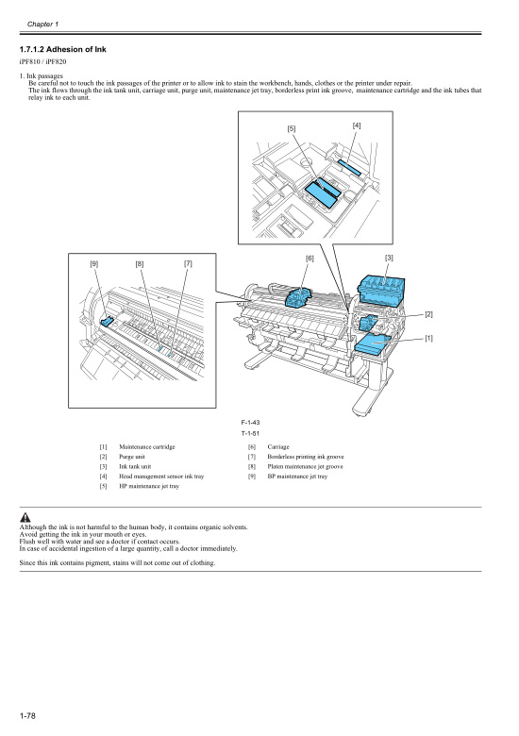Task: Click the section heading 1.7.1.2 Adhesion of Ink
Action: click(x=65, y=48)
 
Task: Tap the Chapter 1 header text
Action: click(x=43, y=23)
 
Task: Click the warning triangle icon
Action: click(x=25, y=517)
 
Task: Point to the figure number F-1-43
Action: click(x=250, y=423)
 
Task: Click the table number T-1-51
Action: click(x=250, y=432)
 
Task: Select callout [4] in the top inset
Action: click(x=357, y=125)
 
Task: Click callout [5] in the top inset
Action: click(x=292, y=129)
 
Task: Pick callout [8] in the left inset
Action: click(x=140, y=264)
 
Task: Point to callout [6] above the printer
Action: click(x=310, y=258)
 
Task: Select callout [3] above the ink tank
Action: click(x=389, y=258)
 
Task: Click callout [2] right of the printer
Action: click(x=428, y=313)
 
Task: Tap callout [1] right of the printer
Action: click(x=428, y=337)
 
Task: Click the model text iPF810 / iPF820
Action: click(x=42, y=61)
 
